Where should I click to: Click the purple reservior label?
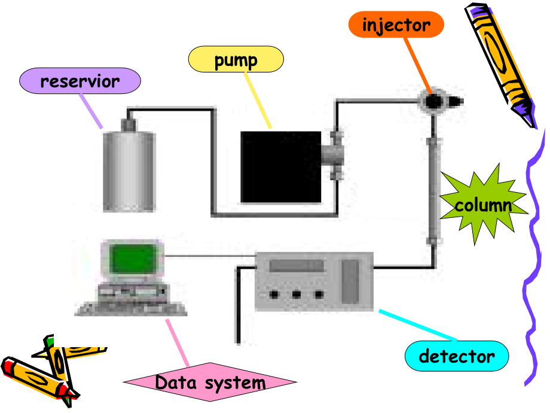coord(80,81)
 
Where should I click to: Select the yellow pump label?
coord(236,59)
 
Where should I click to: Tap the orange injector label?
coord(396,25)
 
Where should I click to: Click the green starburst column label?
coord(483,205)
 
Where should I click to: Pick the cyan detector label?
coord(457,357)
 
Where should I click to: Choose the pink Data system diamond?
coord(210,382)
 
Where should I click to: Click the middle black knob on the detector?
coord(296,294)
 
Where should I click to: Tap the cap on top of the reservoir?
coord(129,124)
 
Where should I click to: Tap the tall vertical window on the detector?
coord(350,281)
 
